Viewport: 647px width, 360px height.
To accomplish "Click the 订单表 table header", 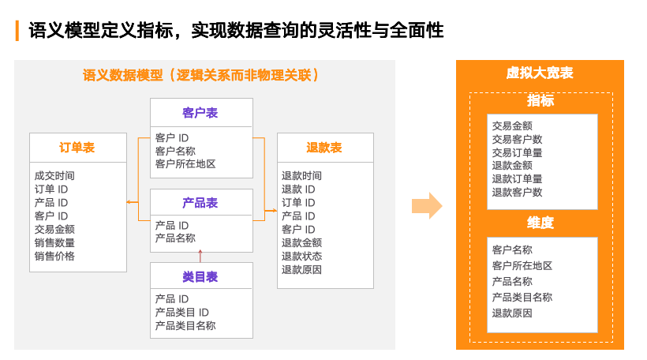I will pyautogui.click(x=77, y=148).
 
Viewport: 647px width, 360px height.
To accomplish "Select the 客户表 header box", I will pyautogui.click(x=200, y=113).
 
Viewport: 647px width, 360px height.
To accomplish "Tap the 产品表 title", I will pyautogui.click(x=200, y=203).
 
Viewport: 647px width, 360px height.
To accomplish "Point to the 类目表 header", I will pyautogui.click(x=200, y=276).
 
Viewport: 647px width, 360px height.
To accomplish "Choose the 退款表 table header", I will pyautogui.click(x=323, y=148).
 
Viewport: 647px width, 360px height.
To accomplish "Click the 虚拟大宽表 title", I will pyautogui.click(x=540, y=73).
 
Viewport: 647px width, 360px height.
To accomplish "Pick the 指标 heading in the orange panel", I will pyautogui.click(x=540, y=101).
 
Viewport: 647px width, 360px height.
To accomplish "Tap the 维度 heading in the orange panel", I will pyautogui.click(x=540, y=223).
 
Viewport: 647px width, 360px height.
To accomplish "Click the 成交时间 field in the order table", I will pyautogui.click(x=54, y=176).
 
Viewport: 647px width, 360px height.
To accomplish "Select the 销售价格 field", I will pyautogui.click(x=54, y=257).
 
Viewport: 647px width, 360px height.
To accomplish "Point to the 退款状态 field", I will pyautogui.click(x=301, y=257).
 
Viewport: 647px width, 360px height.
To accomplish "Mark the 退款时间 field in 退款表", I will pyautogui.click(x=301, y=176).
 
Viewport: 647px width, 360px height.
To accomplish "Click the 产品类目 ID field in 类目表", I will pyautogui.click(x=181, y=313).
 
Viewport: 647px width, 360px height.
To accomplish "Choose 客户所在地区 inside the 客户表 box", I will pyautogui.click(x=185, y=164).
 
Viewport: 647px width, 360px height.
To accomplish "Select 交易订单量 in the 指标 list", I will pyautogui.click(x=517, y=152).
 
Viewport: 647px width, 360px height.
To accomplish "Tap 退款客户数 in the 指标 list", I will pyautogui.click(x=517, y=192).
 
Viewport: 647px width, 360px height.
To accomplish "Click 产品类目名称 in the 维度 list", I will pyautogui.click(x=522, y=298).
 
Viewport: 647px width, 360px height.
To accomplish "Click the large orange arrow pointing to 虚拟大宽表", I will pyautogui.click(x=427, y=206).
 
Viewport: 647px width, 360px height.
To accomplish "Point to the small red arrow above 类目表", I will pyautogui.click(x=200, y=254).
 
